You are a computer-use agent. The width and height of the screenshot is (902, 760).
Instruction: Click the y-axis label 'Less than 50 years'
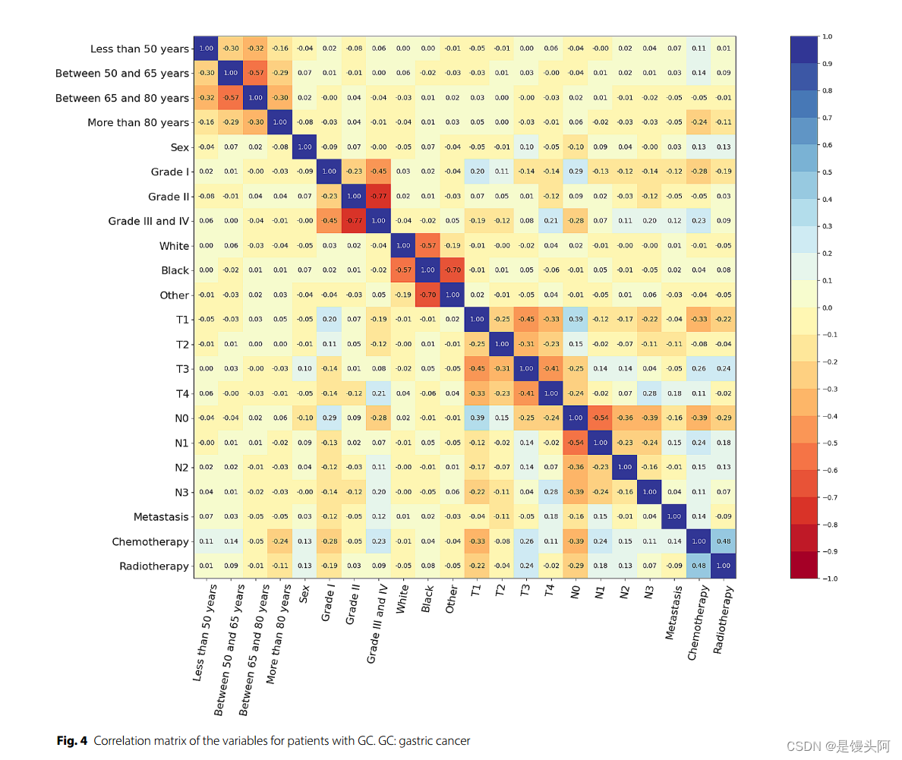coord(139,49)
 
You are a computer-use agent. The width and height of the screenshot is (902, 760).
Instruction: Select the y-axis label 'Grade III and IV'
coord(148,222)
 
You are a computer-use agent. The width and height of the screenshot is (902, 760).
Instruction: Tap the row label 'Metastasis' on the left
coord(161,517)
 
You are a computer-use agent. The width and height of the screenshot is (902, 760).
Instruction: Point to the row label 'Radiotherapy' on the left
coord(154,566)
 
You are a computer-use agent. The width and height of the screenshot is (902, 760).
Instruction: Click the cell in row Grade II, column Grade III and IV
coord(378,197)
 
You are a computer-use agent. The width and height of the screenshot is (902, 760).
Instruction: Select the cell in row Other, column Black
coord(427,295)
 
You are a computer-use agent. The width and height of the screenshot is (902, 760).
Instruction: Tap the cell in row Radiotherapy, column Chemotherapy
coord(699,566)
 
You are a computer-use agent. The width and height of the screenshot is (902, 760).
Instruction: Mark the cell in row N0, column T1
coord(477,418)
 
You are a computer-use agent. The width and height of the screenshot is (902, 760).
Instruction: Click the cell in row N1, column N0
coord(576,443)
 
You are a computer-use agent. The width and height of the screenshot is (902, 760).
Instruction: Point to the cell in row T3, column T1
coord(477,369)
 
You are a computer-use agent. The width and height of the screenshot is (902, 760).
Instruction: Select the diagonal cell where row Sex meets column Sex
coord(304,147)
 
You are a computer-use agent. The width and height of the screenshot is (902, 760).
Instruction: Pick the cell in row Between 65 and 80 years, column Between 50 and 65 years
coord(230,98)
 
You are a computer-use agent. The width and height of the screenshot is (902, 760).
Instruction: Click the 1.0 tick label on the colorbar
coord(828,36)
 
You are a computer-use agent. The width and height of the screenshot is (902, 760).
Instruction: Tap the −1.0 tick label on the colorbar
coord(830,579)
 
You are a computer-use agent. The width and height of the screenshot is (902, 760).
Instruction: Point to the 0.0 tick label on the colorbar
coord(828,308)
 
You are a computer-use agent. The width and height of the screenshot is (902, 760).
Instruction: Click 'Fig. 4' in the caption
coord(72,741)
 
